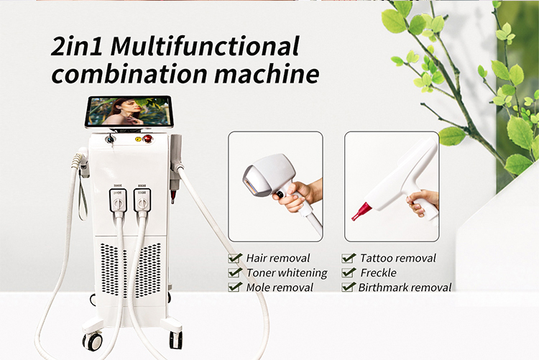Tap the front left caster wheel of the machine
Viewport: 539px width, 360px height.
pos(93,341)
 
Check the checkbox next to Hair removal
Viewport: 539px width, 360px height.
pos(234,258)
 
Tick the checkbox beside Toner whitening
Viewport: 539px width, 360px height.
pos(234,272)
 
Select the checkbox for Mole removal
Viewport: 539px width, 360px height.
pos(234,287)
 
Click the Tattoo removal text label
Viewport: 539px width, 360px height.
pos(398,258)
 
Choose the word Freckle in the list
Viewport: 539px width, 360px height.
pos(379,272)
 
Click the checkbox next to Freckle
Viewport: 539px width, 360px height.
pos(349,272)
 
